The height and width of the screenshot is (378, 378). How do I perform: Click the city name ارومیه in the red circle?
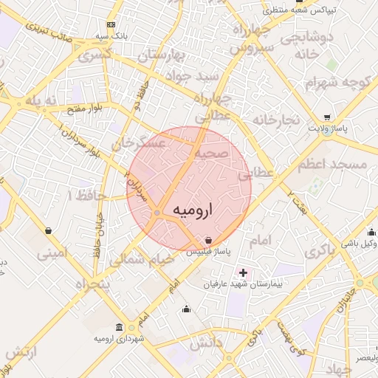pos(192,210)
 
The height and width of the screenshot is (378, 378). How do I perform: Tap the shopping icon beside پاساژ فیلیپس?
pos(210,241)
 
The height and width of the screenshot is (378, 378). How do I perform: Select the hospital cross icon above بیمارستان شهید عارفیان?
pos(244,272)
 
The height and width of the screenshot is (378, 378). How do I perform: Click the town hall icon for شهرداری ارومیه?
pos(120,327)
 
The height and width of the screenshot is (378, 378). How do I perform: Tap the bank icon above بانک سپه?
pos(111,24)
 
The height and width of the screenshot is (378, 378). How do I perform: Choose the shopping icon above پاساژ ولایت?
pos(328,117)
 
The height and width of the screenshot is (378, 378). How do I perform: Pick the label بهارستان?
pos(172,55)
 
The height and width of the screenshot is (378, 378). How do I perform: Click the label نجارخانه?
pos(275,119)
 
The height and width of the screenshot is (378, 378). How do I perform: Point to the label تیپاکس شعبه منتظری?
pos(302,10)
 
